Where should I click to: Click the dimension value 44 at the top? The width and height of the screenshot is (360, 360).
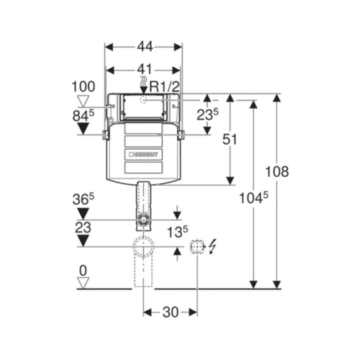pyautogui.click(x=145, y=47)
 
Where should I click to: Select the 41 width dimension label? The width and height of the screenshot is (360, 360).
pyautogui.click(x=145, y=69)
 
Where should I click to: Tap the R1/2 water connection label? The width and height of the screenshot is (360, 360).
pyautogui.click(x=164, y=87)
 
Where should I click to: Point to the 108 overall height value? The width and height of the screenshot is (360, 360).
pyautogui.click(x=277, y=171)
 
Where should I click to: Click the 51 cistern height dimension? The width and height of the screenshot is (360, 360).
pyautogui.click(x=230, y=139)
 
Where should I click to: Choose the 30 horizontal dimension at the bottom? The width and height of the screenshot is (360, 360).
pyautogui.click(x=170, y=312)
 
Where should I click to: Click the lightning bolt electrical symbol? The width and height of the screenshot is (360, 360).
pyautogui.click(x=212, y=247)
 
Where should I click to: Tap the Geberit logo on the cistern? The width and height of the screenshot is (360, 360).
pyautogui.click(x=143, y=155)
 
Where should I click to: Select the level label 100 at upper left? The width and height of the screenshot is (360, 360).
pyautogui.click(x=83, y=86)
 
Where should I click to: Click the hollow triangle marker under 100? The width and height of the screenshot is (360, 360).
pyautogui.click(x=83, y=101)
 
